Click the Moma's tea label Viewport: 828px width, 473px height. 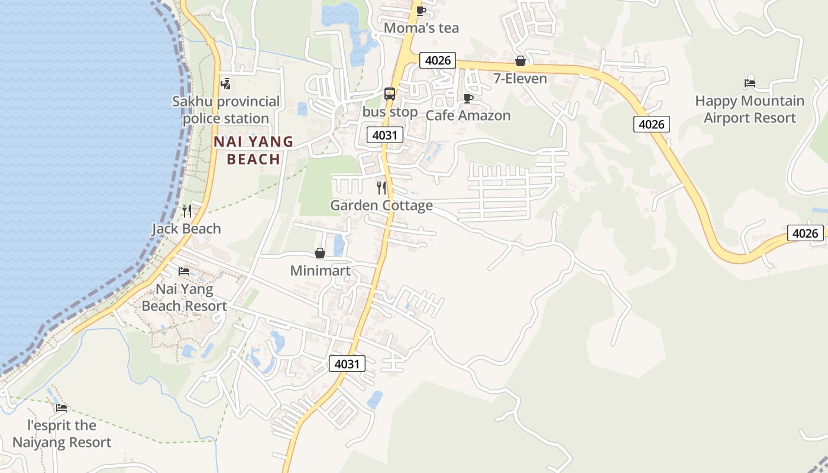tap(421, 28)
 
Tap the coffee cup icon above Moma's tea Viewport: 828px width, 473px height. tap(421, 11)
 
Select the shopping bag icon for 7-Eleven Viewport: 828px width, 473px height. tap(520, 61)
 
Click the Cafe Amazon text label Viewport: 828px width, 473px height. tap(468, 115)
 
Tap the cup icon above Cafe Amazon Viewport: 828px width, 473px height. tap(468, 98)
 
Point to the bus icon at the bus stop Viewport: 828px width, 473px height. tap(390, 93)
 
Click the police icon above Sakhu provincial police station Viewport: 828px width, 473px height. tap(225, 84)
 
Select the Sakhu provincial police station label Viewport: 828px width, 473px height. tap(226, 110)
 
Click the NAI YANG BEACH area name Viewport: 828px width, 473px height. tap(253, 150)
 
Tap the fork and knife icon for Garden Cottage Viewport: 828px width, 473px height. tap(381, 188)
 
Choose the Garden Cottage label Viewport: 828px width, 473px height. tap(381, 205)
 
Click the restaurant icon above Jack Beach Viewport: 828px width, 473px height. tap(186, 211)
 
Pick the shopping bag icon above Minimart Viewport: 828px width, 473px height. tap(320, 253)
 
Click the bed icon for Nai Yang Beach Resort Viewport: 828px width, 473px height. tap(184, 271)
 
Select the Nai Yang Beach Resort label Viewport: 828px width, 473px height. tap(184, 297)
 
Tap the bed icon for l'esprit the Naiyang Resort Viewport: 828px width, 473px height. tap(62, 407)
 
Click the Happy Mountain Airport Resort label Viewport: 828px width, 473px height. tap(749, 109)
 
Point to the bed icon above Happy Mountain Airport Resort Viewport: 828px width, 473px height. tap(750, 83)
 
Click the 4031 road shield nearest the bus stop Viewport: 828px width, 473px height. tap(384, 135)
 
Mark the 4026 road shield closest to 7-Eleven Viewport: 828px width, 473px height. tap(438, 60)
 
